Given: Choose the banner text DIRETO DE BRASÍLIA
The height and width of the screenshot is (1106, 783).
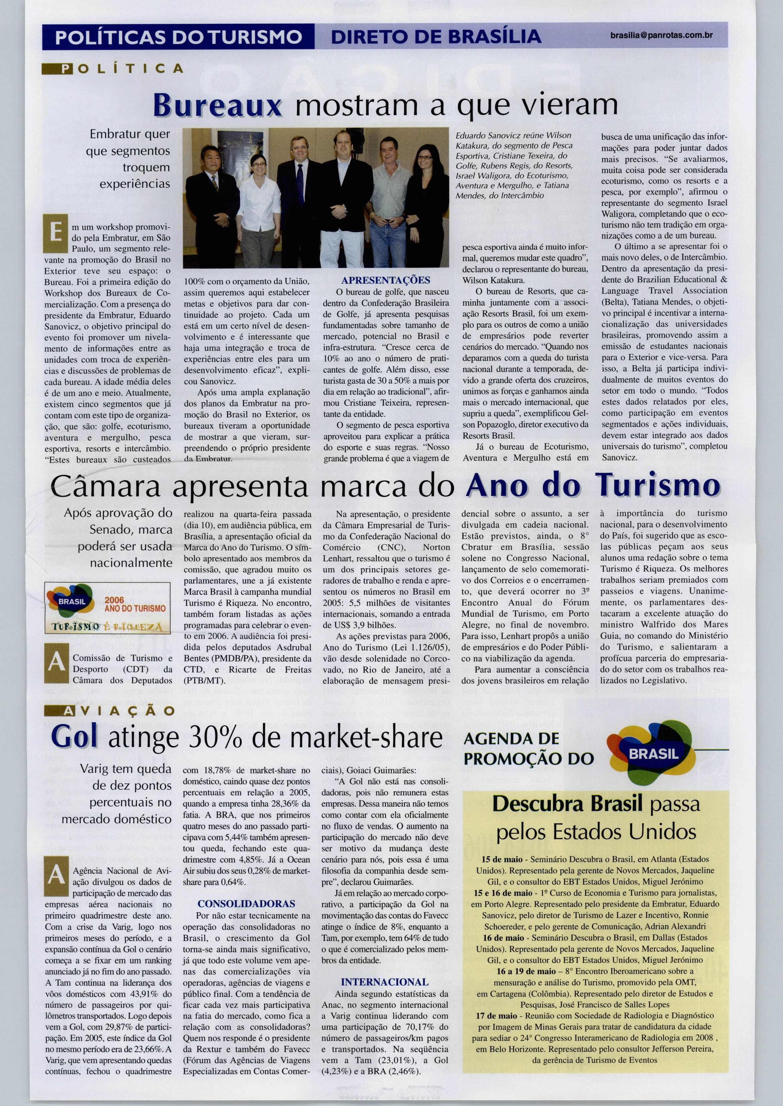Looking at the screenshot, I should (x=435, y=36).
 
